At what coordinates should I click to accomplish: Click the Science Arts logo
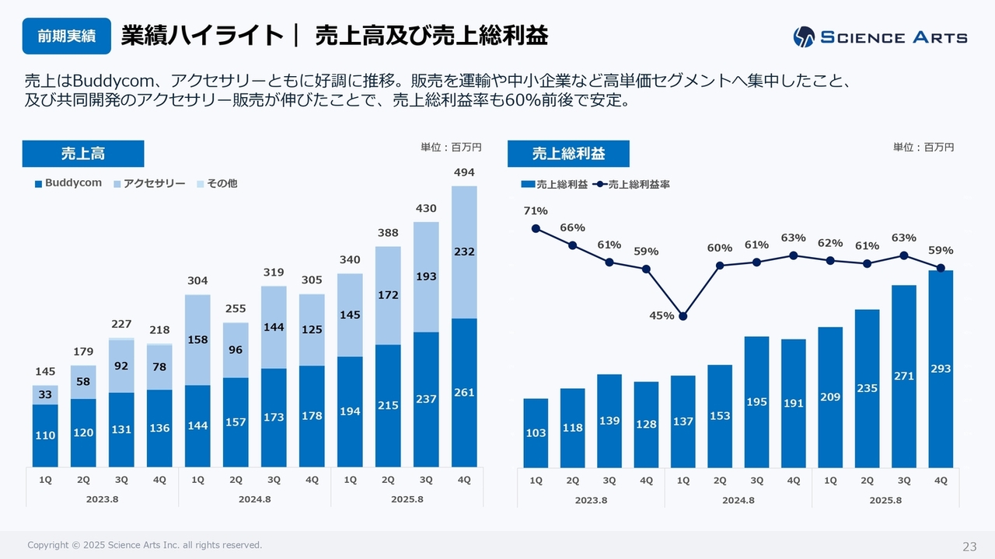pos(880,36)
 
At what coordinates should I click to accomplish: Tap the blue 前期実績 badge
pos(66,36)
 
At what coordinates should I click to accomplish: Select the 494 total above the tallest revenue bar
pos(464,172)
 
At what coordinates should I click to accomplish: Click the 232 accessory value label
pos(464,252)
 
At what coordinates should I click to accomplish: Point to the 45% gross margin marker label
pos(662,315)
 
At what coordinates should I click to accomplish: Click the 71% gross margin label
pos(536,210)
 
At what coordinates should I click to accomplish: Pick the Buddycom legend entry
pos(68,183)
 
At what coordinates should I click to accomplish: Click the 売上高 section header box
pos(83,154)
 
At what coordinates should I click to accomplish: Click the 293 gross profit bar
pos(941,369)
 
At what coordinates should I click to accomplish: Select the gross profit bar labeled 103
pos(536,432)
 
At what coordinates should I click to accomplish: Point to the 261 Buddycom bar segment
pos(464,393)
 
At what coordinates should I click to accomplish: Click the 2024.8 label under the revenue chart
pos(254,499)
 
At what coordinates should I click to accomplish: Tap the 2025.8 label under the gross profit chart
pos(885,500)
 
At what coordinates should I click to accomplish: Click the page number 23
pos(969,547)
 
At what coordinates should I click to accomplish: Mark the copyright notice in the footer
pos(145,546)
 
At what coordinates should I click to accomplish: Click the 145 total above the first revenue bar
pos(45,372)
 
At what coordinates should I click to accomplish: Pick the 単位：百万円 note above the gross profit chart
pos(923,147)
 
